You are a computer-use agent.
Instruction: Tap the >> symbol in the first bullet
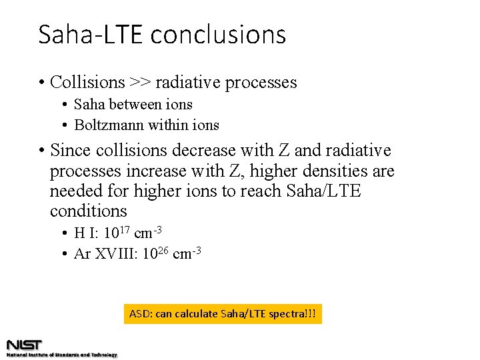(140, 83)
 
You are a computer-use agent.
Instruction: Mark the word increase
(164, 171)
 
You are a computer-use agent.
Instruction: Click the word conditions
(88, 211)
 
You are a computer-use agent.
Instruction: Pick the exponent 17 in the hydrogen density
(125, 230)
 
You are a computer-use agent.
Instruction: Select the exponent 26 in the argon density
(163, 250)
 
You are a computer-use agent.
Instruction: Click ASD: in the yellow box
(140, 313)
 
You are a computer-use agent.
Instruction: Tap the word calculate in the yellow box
(197, 313)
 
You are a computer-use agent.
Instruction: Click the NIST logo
(25, 345)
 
